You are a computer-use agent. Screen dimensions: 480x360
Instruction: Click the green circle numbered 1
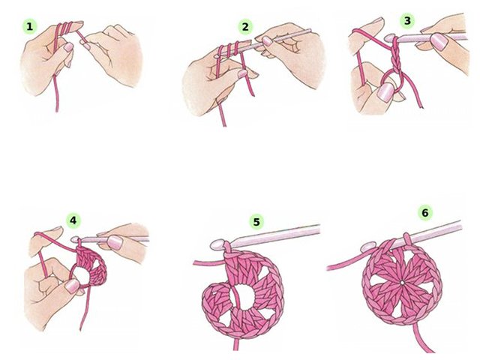click(30, 27)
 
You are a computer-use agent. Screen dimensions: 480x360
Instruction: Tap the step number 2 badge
click(245, 27)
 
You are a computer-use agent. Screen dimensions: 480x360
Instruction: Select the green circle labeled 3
click(407, 21)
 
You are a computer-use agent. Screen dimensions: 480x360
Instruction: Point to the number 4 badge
click(73, 220)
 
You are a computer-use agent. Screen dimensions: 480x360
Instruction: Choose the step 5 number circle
click(256, 222)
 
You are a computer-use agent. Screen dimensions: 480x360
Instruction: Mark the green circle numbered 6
click(425, 213)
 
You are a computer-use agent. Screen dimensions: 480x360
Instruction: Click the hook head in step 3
click(389, 38)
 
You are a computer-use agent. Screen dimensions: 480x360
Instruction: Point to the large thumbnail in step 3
click(385, 91)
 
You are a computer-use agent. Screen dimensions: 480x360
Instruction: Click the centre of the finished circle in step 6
click(402, 283)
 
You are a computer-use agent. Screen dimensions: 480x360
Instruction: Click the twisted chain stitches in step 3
click(396, 55)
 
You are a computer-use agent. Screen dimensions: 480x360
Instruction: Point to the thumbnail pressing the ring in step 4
click(73, 286)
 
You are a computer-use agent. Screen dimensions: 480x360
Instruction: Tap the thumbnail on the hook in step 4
click(115, 242)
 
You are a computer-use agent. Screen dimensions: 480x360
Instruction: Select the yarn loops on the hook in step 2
click(229, 49)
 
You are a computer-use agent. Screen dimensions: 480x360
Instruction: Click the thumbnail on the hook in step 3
click(439, 42)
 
